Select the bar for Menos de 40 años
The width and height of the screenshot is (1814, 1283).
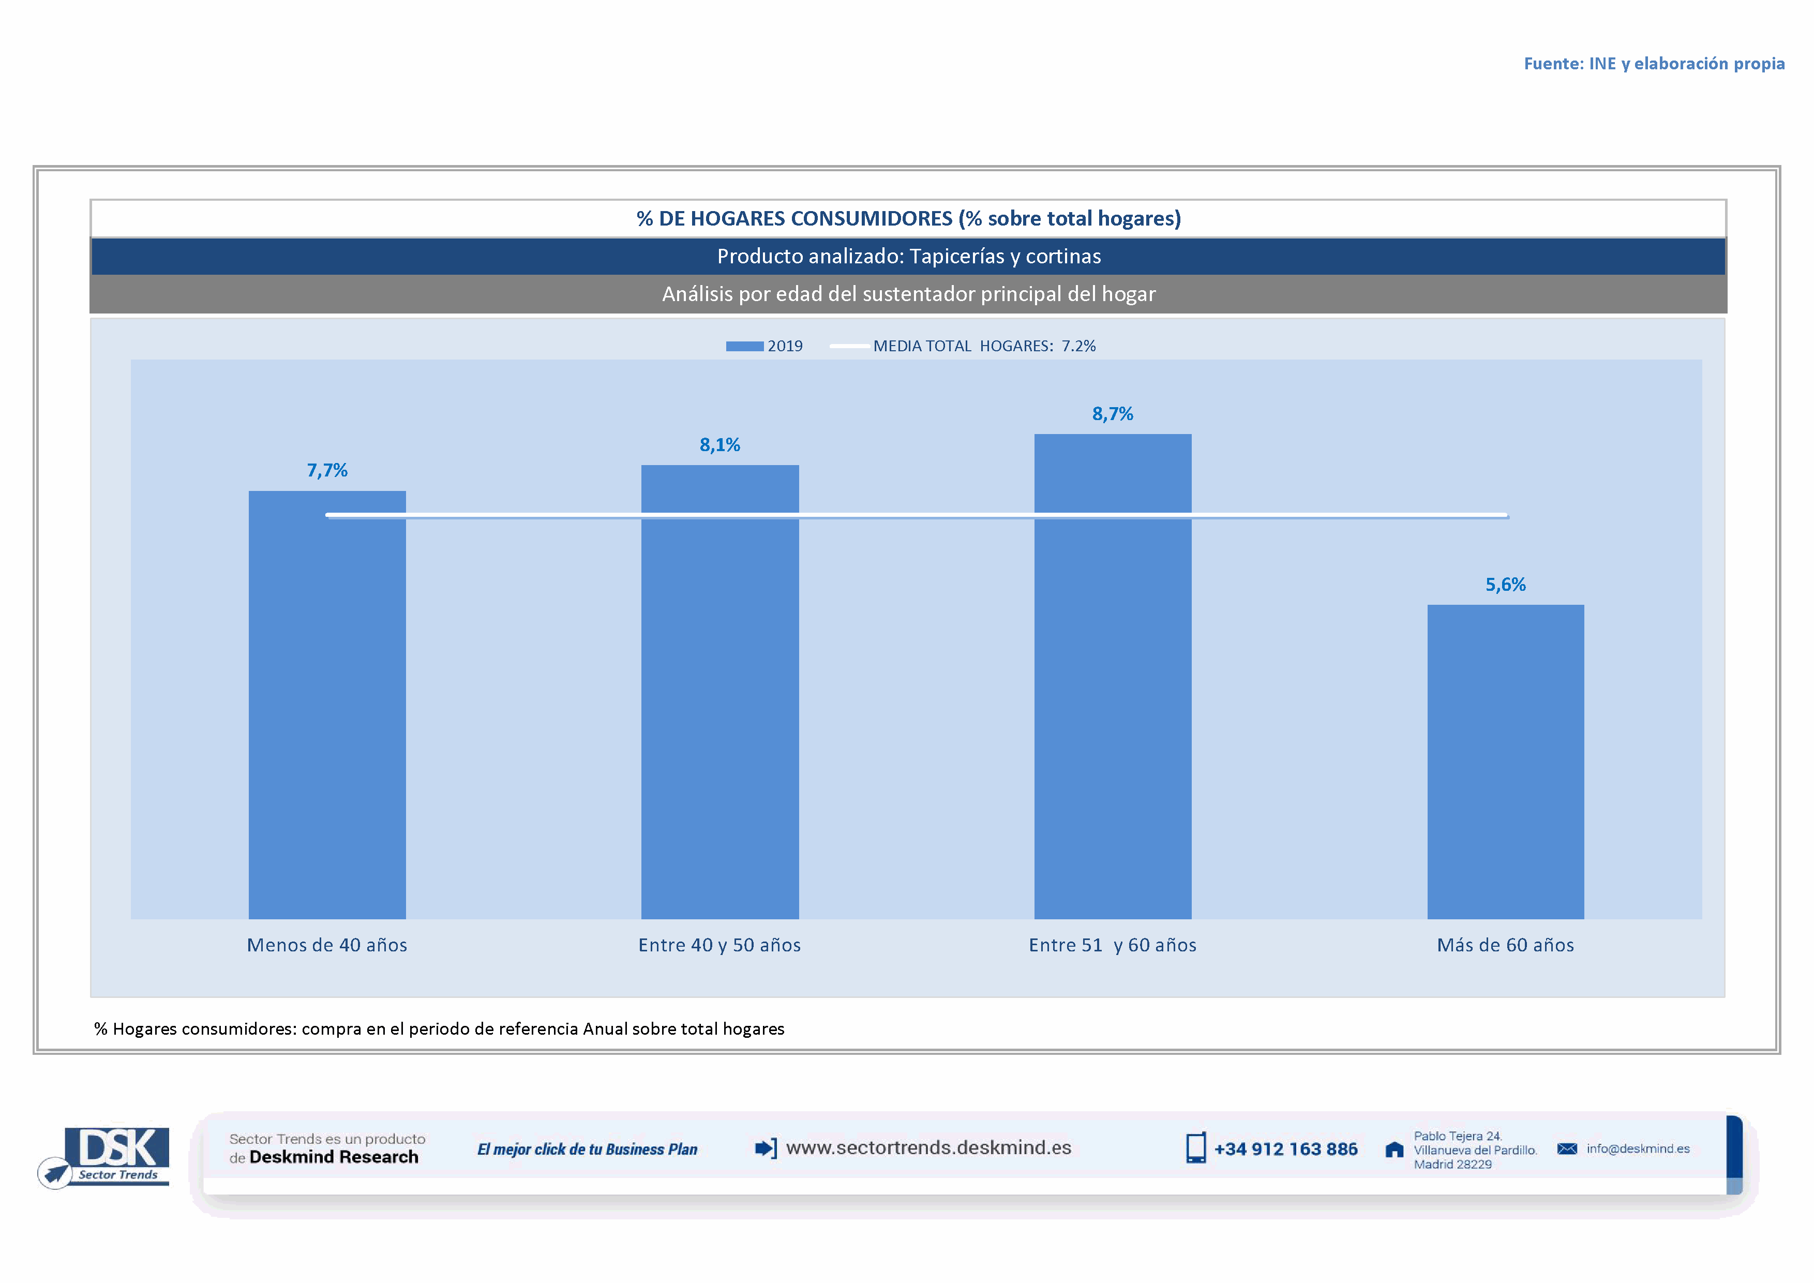(327, 711)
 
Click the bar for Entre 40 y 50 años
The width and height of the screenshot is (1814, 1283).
(719, 695)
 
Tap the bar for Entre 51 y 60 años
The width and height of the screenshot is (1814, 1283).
(1113, 679)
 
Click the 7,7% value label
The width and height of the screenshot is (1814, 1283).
(327, 471)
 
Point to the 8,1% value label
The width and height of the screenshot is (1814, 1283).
(719, 445)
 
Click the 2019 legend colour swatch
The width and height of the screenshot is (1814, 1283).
(744, 346)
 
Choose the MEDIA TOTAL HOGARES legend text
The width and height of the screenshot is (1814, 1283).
(984, 346)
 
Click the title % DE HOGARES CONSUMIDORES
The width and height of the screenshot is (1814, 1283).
(909, 219)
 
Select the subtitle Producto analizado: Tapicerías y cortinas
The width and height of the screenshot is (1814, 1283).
(909, 257)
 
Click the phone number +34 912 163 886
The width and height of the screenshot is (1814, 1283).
(1285, 1150)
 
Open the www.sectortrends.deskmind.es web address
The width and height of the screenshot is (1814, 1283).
(928, 1148)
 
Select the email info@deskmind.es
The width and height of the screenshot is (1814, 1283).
(1638, 1148)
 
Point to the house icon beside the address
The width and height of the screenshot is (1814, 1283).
(1395, 1150)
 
